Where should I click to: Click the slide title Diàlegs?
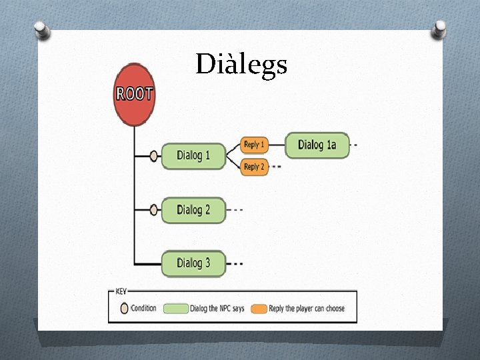coord(241,65)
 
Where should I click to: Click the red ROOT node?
coord(135,94)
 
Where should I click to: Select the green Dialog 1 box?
coord(194,155)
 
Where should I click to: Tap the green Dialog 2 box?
coord(194,209)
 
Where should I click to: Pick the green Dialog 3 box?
coord(194,263)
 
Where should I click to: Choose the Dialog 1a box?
coord(317,145)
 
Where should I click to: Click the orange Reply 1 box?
coord(254,145)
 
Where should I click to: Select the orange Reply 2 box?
coord(254,167)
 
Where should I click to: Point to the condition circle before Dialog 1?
coord(154,156)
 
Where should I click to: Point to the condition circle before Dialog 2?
coord(154,210)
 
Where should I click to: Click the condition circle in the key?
coord(124,309)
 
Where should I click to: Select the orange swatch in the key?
coord(259,309)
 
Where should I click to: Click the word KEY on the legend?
coord(121,291)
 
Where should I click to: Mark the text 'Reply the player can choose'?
coord(307,309)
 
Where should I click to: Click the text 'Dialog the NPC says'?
coord(218,309)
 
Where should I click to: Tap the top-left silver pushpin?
coord(42,30)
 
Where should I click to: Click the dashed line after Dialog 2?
coord(235,210)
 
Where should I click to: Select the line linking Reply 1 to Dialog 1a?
coord(277,145)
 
